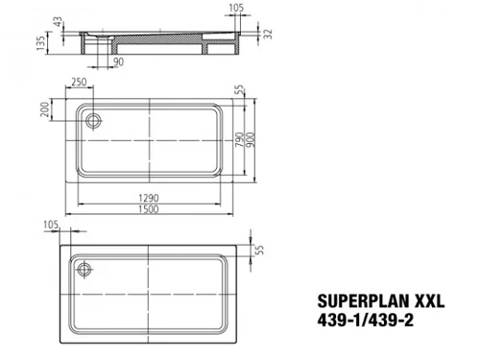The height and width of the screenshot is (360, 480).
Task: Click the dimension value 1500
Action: pos(149,209)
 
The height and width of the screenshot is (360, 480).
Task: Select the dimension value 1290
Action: pos(149,198)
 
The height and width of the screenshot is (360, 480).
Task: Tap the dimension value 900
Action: pos(251,140)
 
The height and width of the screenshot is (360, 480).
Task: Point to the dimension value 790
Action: pos(240,140)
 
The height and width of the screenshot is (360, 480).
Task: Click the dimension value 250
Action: pos(79,82)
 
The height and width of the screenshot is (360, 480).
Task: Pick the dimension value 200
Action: pos(45,109)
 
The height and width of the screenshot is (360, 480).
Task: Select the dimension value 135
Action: pos(40,43)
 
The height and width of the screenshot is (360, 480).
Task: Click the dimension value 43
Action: pos(58,22)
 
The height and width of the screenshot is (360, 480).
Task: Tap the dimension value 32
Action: pos(268,34)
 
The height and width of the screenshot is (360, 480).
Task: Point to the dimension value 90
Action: pos(118,61)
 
